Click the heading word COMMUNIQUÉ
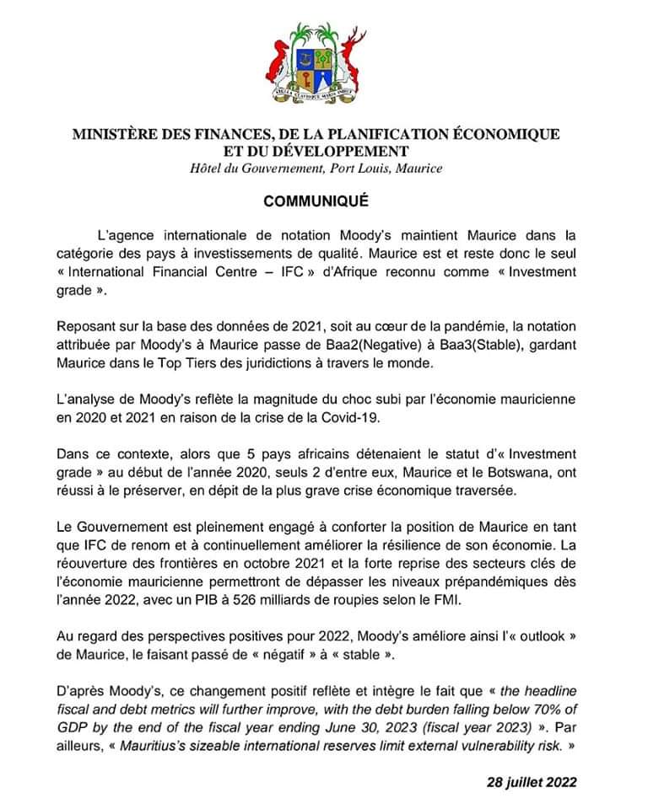pos(316,202)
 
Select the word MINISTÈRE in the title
pos(111,134)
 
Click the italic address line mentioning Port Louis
pos(316,169)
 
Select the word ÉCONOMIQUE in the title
pos(505,134)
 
